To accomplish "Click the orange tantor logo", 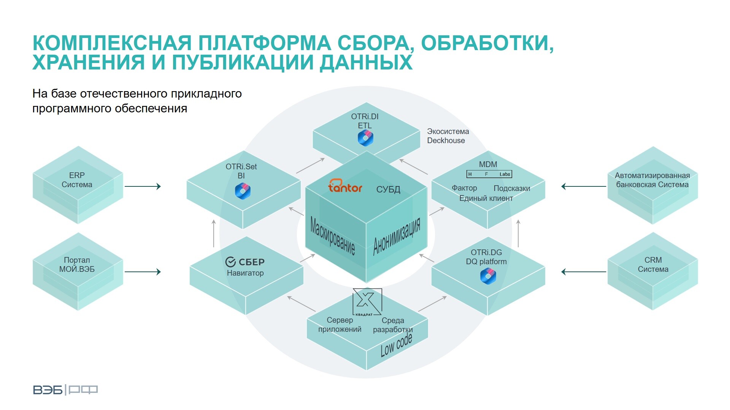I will pyautogui.click(x=345, y=186).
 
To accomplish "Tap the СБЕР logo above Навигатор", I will pyautogui.click(x=245, y=262).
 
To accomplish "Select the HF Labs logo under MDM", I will pyautogui.click(x=489, y=174).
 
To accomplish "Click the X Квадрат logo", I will pyautogui.click(x=367, y=302).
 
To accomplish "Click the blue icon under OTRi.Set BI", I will pyautogui.click(x=243, y=191).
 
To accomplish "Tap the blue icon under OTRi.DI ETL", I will pyautogui.click(x=365, y=138).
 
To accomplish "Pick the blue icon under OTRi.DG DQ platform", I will pyautogui.click(x=488, y=276).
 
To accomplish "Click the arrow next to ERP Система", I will pyautogui.click(x=143, y=186).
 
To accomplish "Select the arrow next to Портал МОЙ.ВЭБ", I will pyautogui.click(x=143, y=272).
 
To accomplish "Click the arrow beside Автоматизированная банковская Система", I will pyautogui.click(x=584, y=186).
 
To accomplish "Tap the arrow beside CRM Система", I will pyautogui.click(x=584, y=272).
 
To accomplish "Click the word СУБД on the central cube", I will pyautogui.click(x=388, y=189).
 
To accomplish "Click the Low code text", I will pyautogui.click(x=396, y=345).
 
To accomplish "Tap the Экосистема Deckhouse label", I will pyautogui.click(x=448, y=136).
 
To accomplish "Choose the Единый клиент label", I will pyautogui.click(x=486, y=198).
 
